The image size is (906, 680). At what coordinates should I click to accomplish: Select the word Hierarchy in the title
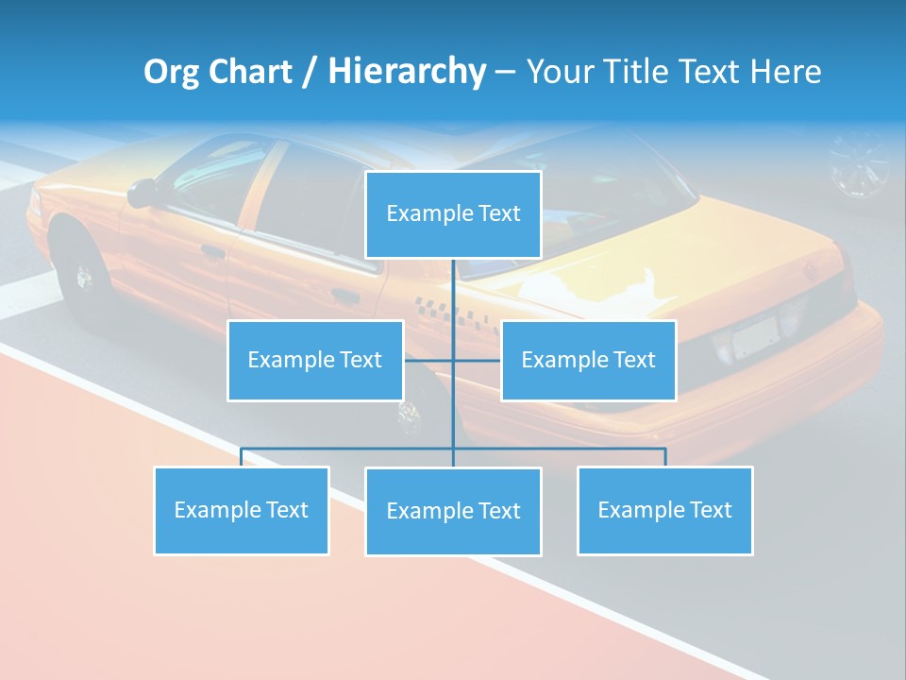click(406, 72)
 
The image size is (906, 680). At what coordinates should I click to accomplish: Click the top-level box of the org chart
click(453, 214)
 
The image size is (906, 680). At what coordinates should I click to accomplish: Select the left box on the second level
click(315, 360)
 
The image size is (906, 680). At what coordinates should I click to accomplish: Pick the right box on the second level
click(588, 360)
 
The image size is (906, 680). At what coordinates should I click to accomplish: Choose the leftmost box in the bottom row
click(241, 510)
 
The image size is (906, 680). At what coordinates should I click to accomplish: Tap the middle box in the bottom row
click(453, 511)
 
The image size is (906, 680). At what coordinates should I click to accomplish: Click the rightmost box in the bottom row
click(664, 510)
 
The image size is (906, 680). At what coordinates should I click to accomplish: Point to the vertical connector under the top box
click(453, 293)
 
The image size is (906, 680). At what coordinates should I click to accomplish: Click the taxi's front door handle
click(212, 252)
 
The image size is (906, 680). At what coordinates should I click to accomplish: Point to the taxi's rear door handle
click(345, 296)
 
